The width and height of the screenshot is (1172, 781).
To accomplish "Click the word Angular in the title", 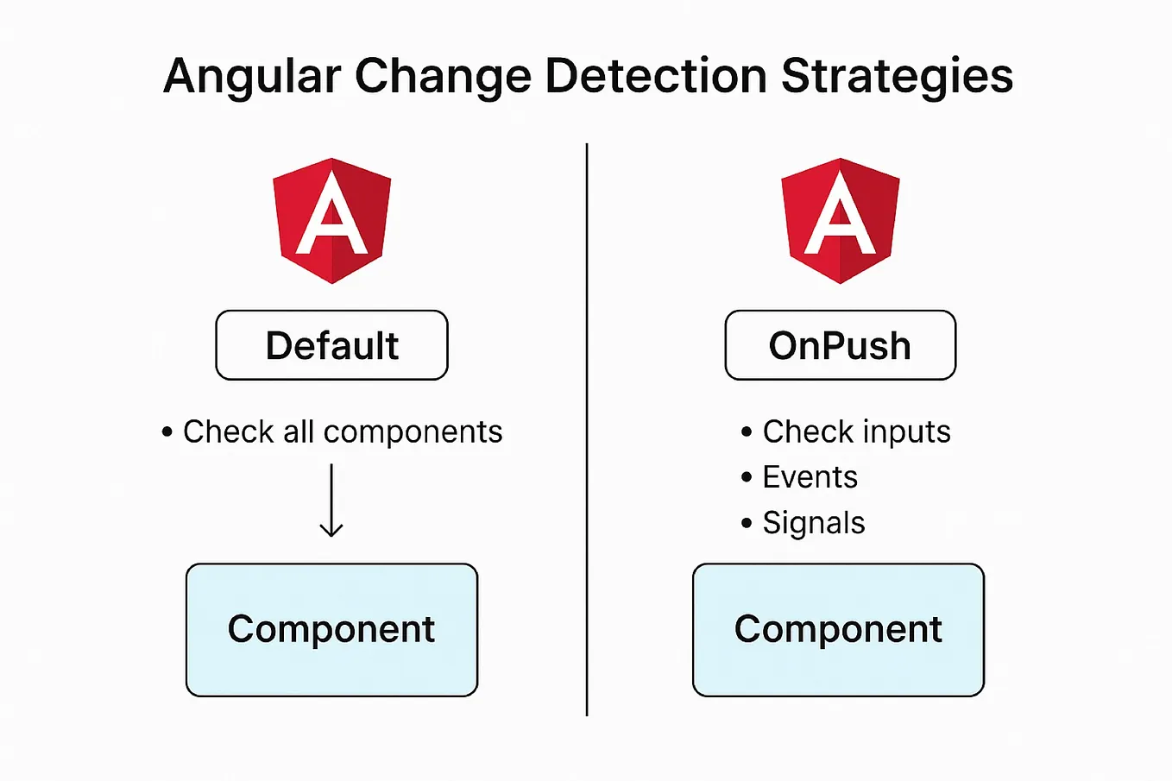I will (x=252, y=76).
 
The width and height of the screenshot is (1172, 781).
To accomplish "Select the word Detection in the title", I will (x=656, y=76).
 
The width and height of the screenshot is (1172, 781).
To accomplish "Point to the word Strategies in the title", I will (x=897, y=76).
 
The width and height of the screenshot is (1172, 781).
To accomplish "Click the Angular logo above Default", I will (x=332, y=220).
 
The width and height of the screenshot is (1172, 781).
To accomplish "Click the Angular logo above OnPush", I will (x=841, y=220).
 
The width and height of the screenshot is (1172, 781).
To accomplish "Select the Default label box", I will (x=332, y=345).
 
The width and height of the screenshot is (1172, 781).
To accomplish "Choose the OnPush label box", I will (x=841, y=345).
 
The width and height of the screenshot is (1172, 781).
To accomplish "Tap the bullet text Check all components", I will (x=343, y=431).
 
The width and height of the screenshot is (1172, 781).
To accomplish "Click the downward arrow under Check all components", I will (x=331, y=501).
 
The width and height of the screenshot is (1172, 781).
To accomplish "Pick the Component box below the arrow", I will (x=332, y=630).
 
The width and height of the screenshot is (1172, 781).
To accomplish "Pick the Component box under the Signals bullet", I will (x=839, y=630).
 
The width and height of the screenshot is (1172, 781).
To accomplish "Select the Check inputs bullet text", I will (x=856, y=431).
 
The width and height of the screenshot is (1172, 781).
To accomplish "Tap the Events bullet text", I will (x=810, y=477).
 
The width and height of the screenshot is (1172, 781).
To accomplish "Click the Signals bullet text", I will (x=813, y=523).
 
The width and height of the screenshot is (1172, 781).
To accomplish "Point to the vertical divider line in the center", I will (x=587, y=431).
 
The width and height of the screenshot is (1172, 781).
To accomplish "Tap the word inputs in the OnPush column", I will (x=906, y=431).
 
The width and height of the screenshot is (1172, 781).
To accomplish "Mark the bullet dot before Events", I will (x=747, y=477).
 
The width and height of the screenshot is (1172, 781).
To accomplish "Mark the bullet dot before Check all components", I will (x=167, y=431).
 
